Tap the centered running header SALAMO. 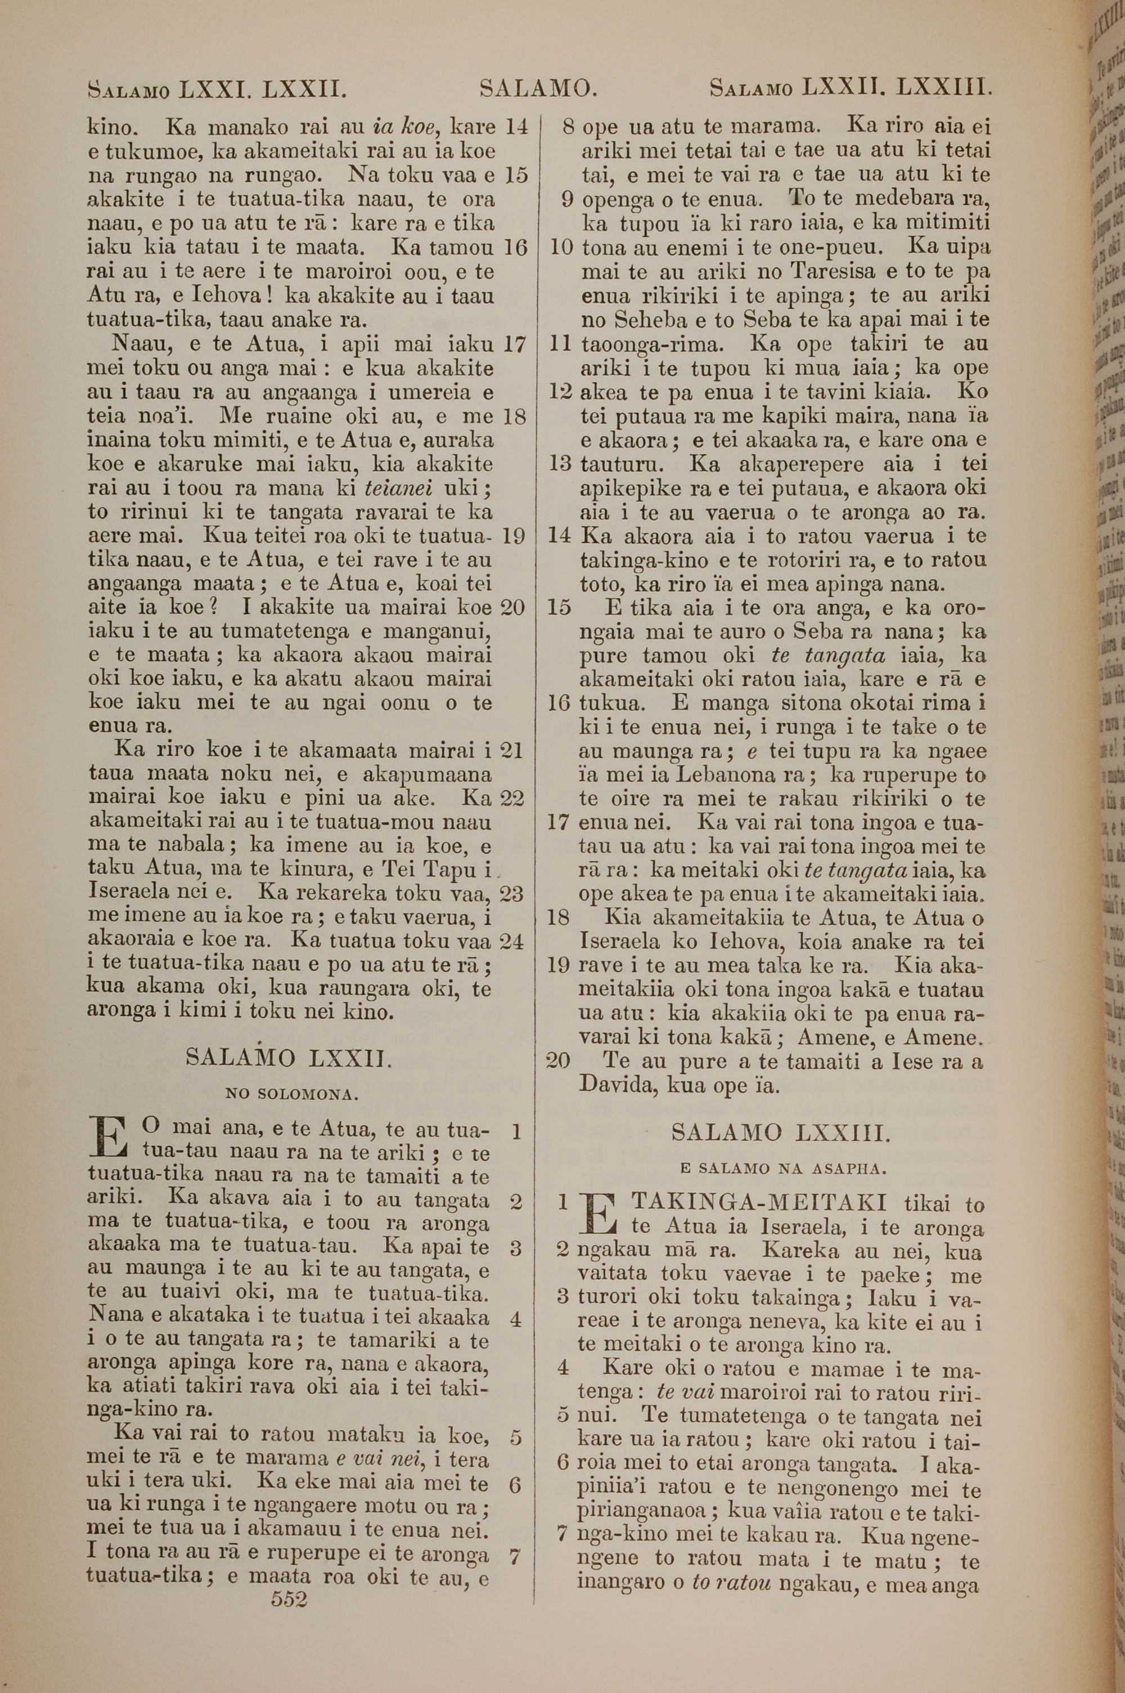pos(538,88)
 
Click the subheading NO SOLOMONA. pos(291,1095)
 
